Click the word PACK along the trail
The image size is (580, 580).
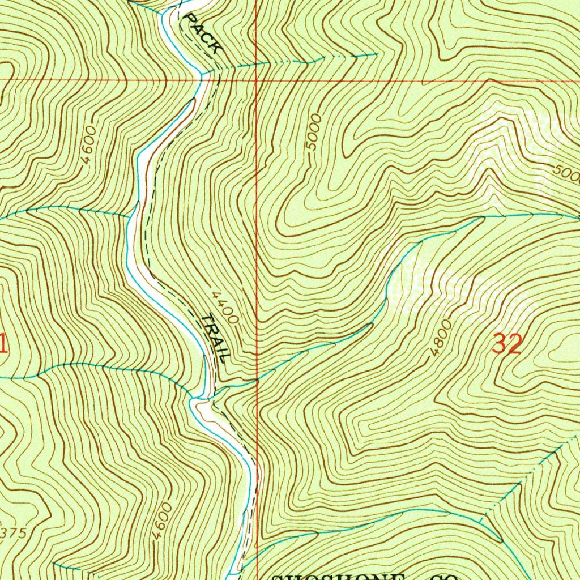pos(203,35)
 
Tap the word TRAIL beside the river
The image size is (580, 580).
pos(215,338)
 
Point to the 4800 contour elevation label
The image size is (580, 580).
pos(441,338)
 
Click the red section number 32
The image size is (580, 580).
pos(506,344)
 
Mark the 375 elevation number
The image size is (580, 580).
pos(11,533)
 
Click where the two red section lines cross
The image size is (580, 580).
pos(256,80)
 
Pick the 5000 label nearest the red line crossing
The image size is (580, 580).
pos(313,133)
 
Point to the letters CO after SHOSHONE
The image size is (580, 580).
pos(438,577)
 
